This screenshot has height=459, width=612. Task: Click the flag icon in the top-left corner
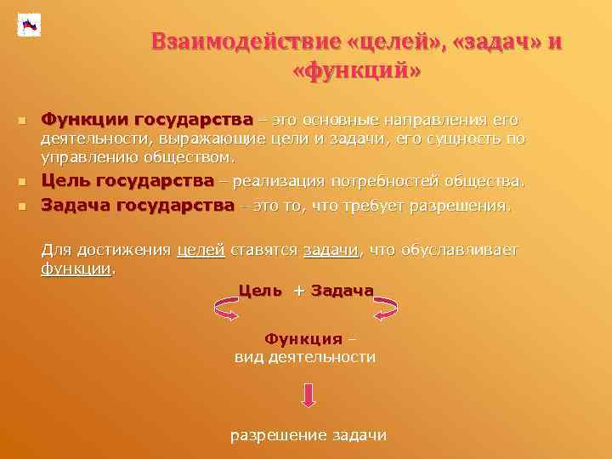pos(29,25)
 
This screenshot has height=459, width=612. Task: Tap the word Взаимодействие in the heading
pos(246,42)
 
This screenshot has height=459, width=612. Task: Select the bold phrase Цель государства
pos(127,181)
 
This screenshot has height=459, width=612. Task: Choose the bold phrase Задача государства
pos(138,205)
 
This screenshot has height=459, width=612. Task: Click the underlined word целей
pos(201,250)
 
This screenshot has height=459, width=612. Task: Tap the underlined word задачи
pos(331,250)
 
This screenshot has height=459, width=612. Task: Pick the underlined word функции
pos(76,269)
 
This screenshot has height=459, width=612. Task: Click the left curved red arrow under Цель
pos(228,309)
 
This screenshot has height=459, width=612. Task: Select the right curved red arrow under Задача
pos(386,307)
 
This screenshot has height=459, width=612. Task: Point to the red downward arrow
pos(309,394)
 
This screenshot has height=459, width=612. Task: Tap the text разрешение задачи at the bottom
pos(309,435)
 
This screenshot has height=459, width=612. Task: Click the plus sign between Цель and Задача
pos(298,291)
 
